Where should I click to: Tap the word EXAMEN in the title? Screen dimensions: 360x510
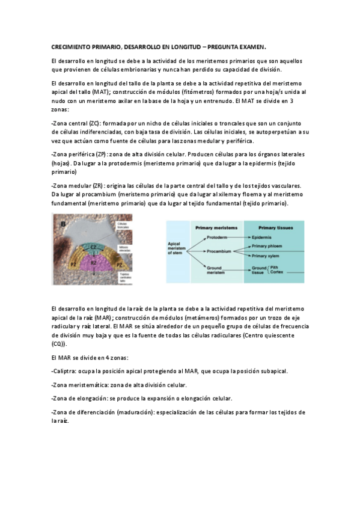pos(251,46)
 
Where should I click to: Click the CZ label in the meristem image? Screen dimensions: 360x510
pos(93,247)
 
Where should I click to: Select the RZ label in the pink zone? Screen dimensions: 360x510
pos(93,262)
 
